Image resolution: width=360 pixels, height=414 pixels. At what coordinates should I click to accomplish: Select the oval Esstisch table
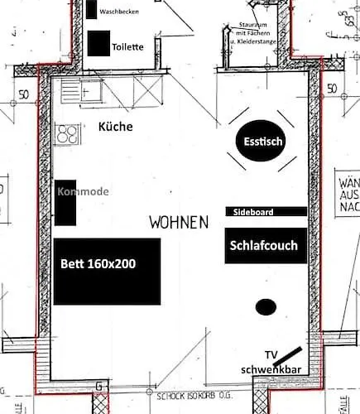click(x=263, y=142)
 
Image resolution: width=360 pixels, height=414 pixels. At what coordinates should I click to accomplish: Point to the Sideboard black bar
click(x=266, y=212)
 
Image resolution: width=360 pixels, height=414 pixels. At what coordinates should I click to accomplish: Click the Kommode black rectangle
click(x=66, y=202)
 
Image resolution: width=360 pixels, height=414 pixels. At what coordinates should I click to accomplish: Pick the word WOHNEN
click(x=180, y=223)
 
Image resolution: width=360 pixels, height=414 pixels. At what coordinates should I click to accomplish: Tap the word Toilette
click(x=127, y=47)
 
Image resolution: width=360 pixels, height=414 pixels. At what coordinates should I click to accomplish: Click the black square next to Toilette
click(x=98, y=43)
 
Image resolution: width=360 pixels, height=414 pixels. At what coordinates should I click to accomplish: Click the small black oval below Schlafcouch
click(x=266, y=307)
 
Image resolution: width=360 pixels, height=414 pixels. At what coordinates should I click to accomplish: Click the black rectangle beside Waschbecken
click(x=90, y=9)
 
